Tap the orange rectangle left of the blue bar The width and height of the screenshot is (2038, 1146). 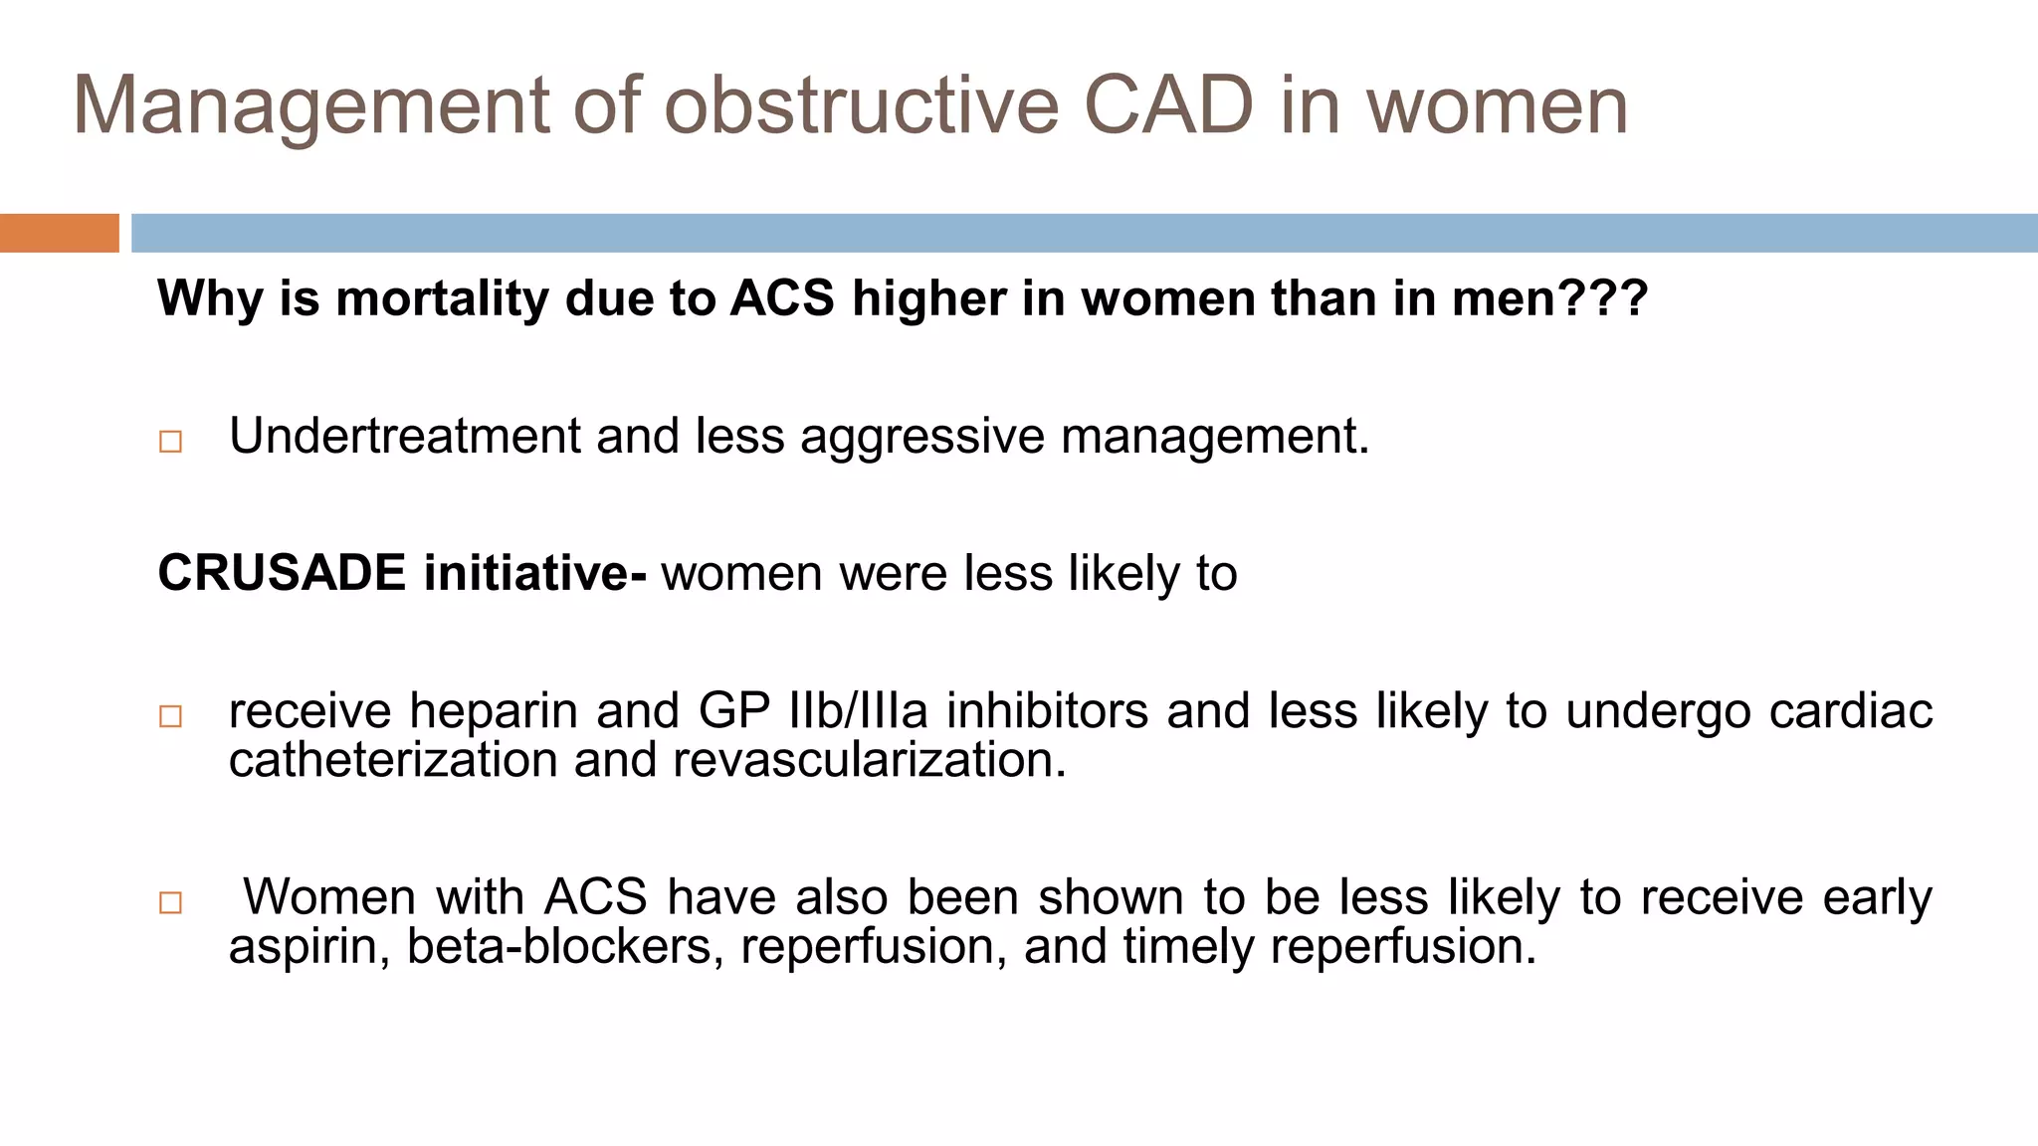pos(59,233)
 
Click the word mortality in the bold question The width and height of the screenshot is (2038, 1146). pos(441,298)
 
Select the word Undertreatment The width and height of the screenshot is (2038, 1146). pos(405,436)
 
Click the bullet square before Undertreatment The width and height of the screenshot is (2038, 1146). pos(171,441)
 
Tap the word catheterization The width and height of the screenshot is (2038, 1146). pos(393,760)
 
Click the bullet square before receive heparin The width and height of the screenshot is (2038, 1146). pos(171,716)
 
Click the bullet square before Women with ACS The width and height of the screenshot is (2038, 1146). pos(171,902)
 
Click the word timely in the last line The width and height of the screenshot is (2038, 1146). pos(1188,946)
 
